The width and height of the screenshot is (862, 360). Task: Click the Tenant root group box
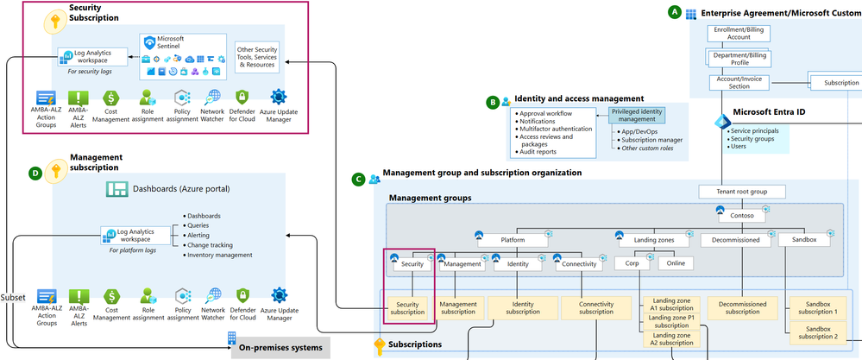pyautogui.click(x=742, y=192)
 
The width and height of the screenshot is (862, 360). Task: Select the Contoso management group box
pyautogui.click(x=742, y=216)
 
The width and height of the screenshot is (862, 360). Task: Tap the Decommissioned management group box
pyautogui.click(x=735, y=240)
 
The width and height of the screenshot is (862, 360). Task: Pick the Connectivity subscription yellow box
pyautogui.click(x=596, y=308)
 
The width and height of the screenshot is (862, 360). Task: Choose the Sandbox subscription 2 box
pyautogui.click(x=819, y=333)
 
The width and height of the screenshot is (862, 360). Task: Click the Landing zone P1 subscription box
pyautogui.click(x=671, y=321)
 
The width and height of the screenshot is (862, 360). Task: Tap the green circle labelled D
pyautogui.click(x=35, y=174)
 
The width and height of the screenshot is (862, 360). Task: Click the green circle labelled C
pyautogui.click(x=358, y=180)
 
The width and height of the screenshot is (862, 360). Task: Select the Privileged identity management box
pyautogui.click(x=637, y=115)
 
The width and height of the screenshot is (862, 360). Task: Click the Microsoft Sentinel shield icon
pyautogui.click(x=149, y=43)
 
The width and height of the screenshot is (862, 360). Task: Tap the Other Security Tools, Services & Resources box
pyautogui.click(x=257, y=57)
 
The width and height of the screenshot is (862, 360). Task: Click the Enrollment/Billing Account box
pyautogui.click(x=739, y=33)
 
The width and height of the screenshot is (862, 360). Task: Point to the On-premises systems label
pyautogui.click(x=280, y=348)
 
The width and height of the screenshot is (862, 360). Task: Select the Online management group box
pyautogui.click(x=676, y=263)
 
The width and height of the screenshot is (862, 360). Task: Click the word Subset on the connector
pyautogui.click(x=13, y=297)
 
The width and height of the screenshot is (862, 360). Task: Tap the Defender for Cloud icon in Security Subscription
pyautogui.click(x=242, y=98)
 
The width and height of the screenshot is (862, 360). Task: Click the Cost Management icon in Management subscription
pyautogui.click(x=111, y=296)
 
